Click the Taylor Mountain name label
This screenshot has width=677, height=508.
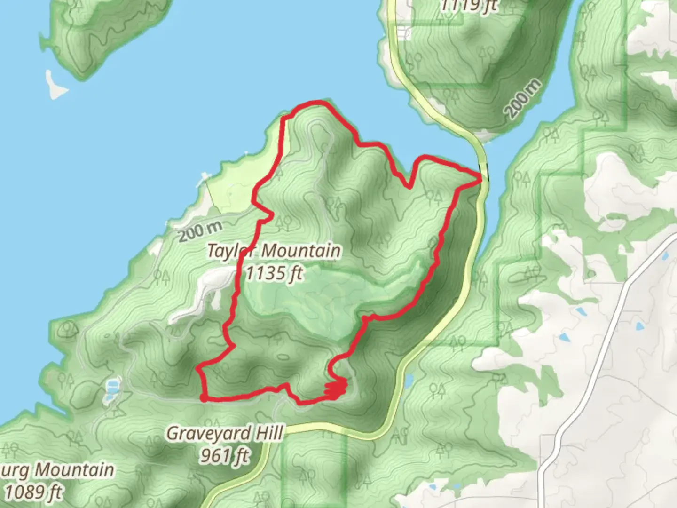coord(274,251)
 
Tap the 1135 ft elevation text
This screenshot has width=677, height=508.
coord(275,272)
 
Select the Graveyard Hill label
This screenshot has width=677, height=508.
coord(225,433)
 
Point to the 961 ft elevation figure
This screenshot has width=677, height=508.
coord(225,455)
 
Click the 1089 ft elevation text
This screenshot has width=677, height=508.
coord(34,492)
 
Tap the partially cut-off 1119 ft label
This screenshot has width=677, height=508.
coord(468,6)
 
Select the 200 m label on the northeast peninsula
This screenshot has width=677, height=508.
coord(523,99)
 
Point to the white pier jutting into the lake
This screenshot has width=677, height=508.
coord(204,178)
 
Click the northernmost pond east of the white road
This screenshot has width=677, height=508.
coord(664,256)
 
